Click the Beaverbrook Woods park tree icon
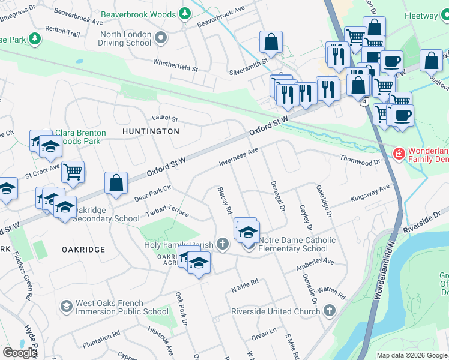pos(185,13)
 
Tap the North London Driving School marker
pos(160,39)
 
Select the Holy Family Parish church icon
pos(223,244)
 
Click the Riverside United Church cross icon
pos(328,311)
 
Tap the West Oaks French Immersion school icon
pos(66,307)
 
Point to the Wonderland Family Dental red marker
pos(398,154)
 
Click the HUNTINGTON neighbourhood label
pos(151,131)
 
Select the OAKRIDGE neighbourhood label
pos(83,249)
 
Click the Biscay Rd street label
pos(224,201)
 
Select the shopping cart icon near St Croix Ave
pos(73,172)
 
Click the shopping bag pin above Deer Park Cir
pos(116,183)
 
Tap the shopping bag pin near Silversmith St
pos(271,42)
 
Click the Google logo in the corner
pos(19,353)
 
